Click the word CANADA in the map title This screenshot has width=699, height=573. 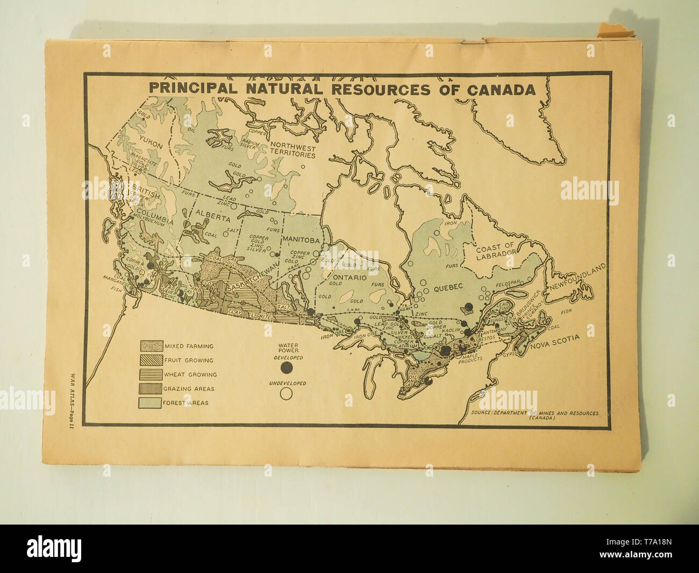[x=501, y=89]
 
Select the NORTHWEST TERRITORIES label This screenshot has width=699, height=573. [x=293, y=150]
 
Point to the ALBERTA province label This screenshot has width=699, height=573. [x=213, y=219]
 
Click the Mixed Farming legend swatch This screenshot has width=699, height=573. [x=151, y=346]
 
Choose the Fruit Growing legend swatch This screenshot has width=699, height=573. [x=151, y=360]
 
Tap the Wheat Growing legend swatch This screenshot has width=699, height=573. [x=151, y=374]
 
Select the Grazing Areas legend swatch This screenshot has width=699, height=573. [x=151, y=388]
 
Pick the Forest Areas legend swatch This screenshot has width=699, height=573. [x=151, y=402]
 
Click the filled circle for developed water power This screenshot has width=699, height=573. [x=287, y=367]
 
